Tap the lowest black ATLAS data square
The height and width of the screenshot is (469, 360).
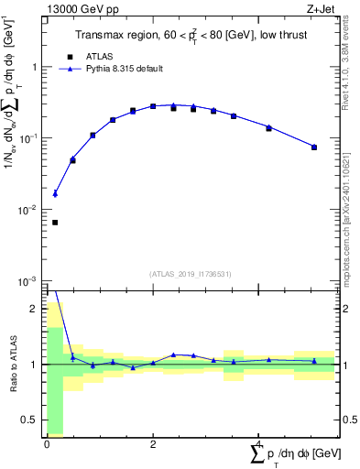coord(55,223)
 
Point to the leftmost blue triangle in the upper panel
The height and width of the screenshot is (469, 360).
coord(55,193)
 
